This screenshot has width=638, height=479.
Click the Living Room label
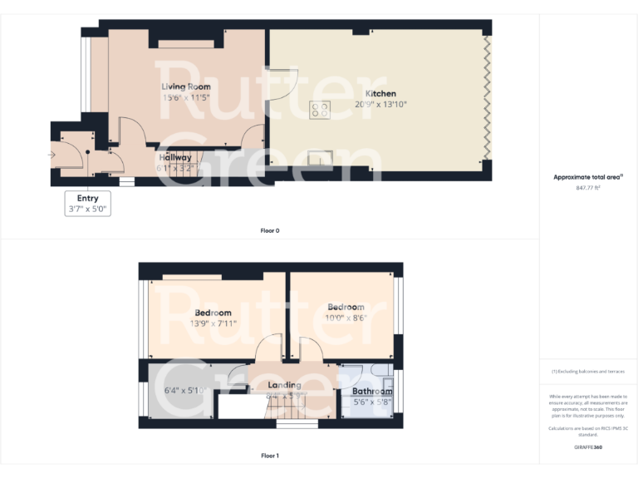tap(185, 86)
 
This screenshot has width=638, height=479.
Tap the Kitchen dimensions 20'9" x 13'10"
tap(380, 105)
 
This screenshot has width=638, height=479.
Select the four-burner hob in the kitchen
tap(320, 109)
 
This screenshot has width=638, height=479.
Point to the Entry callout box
tap(87, 204)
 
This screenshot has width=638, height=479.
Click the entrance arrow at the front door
tap(54, 154)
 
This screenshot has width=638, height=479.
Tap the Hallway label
tap(174, 157)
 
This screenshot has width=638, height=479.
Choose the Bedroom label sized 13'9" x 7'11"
tap(213, 313)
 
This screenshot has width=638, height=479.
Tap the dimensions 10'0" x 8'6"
tap(346, 318)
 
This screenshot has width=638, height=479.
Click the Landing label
tap(284, 385)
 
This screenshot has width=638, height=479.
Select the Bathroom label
tap(372, 391)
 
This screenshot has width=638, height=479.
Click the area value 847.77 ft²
tap(588, 188)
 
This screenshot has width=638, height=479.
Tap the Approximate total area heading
tap(588, 177)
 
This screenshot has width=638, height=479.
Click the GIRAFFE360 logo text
tap(588, 447)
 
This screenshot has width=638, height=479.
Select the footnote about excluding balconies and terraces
tap(588, 371)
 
